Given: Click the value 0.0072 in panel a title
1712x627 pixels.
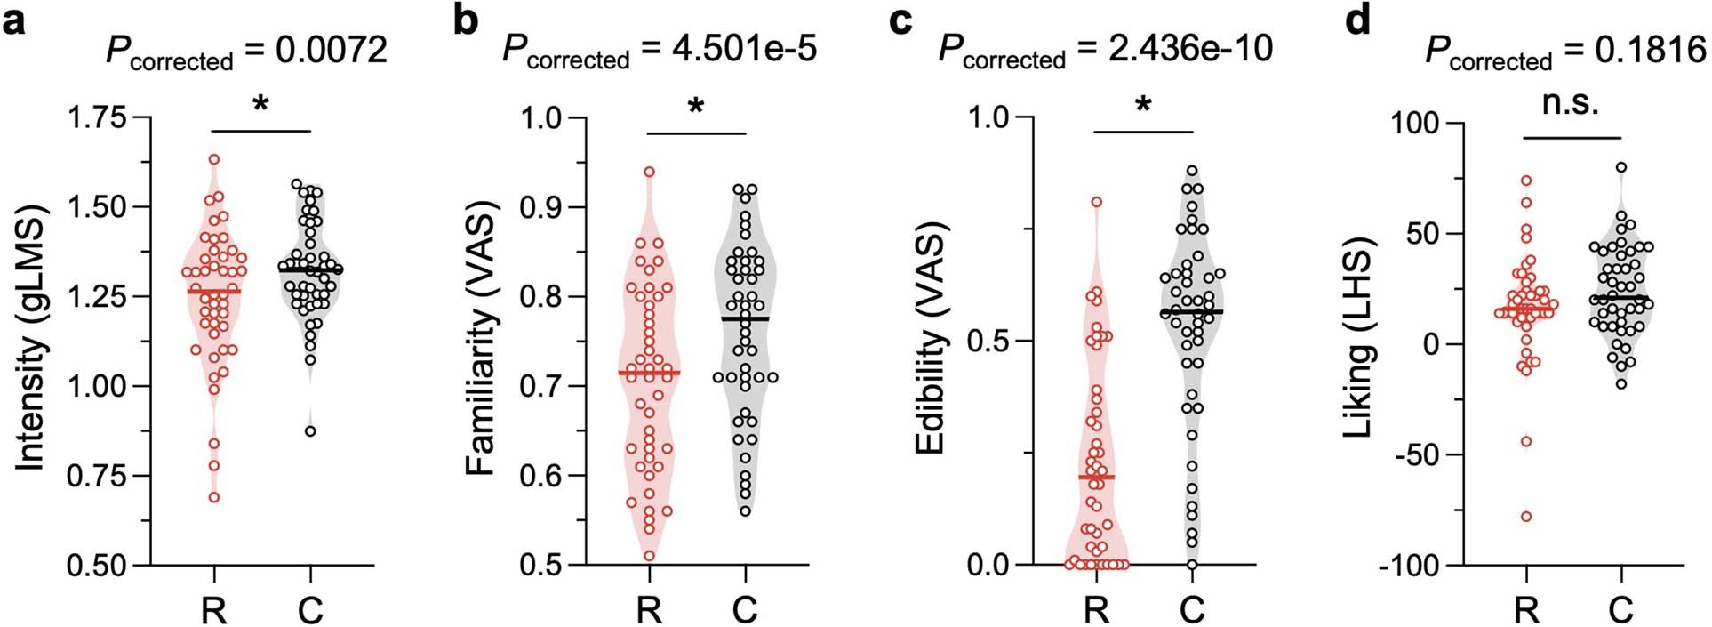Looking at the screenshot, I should click(331, 50).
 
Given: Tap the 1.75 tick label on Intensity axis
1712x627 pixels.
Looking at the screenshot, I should click(97, 117).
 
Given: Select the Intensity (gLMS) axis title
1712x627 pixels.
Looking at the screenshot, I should click(30, 341).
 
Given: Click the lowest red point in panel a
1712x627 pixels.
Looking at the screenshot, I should click(214, 497).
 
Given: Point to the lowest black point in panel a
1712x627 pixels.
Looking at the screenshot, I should click(310, 431).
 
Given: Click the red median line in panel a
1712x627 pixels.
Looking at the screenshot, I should click(214, 292).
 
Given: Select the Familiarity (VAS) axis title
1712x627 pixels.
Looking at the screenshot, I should click(481, 341).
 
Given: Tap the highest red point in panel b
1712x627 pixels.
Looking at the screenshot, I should click(649, 172).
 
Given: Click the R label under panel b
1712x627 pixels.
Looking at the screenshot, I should click(649, 611).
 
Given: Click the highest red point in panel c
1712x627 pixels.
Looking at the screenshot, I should click(1097, 202).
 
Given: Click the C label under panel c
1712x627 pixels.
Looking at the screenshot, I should click(1192, 611).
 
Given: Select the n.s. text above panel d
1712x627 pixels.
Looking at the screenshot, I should click(1571, 103).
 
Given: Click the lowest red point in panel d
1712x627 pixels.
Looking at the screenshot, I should click(1526, 517).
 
